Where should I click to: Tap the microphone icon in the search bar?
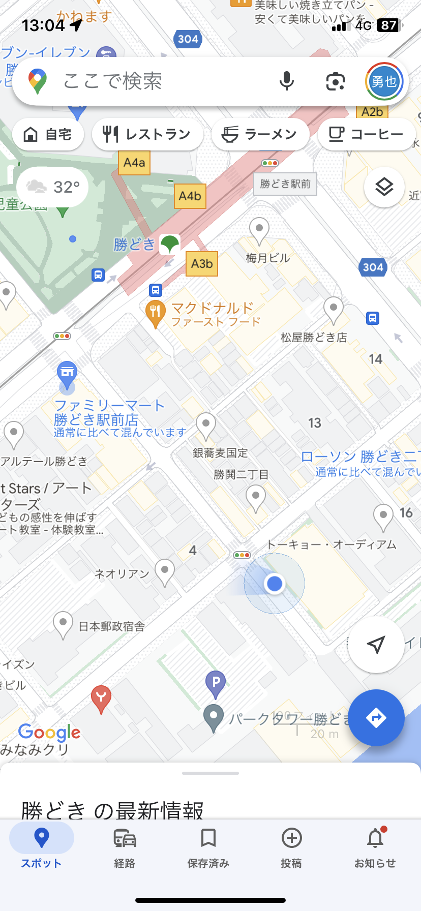pyautogui.click(x=286, y=81)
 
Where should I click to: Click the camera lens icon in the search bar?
pyautogui.click(x=335, y=81)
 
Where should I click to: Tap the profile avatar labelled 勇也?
pyautogui.click(x=384, y=81)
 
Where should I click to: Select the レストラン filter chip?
pyautogui.click(x=147, y=134)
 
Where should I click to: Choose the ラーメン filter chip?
pyautogui.click(x=260, y=134)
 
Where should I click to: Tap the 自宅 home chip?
pyautogui.click(x=48, y=134)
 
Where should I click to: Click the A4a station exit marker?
pyautogui.click(x=134, y=163)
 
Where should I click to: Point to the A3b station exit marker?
pyautogui.click(x=202, y=264)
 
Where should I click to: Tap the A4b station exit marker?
pyautogui.click(x=190, y=196)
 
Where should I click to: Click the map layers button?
pyautogui.click(x=384, y=187)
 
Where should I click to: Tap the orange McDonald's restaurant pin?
pyautogui.click(x=156, y=313)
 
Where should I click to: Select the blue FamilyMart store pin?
pyautogui.click(x=67, y=374)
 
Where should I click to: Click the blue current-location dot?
pyautogui.click(x=275, y=583)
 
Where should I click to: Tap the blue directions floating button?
pyautogui.click(x=376, y=717)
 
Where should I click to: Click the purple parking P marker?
pyautogui.click(x=216, y=682)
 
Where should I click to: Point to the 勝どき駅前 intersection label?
pyautogui.click(x=285, y=184)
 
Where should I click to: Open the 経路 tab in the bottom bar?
pyautogui.click(x=125, y=847)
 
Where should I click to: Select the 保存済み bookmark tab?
pyautogui.click(x=208, y=847)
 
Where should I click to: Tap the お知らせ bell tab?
pyautogui.click(x=375, y=847)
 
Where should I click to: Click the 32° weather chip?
pyautogui.click(x=53, y=187)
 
